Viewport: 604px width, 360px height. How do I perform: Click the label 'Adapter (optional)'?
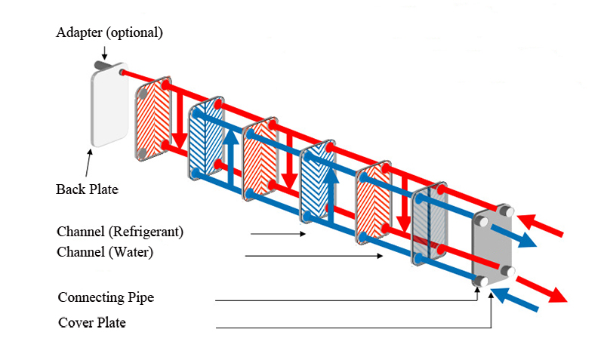click(x=109, y=33)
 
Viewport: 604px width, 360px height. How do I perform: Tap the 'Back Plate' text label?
click(x=87, y=189)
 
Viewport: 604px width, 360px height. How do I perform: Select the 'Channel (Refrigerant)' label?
click(x=120, y=230)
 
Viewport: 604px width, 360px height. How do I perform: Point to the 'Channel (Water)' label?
click(x=105, y=252)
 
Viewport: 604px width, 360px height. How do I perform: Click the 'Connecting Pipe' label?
click(x=106, y=297)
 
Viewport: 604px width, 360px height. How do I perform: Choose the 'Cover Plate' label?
click(x=92, y=323)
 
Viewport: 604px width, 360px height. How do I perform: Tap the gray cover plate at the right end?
click(x=492, y=245)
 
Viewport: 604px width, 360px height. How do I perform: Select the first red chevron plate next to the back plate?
click(x=155, y=119)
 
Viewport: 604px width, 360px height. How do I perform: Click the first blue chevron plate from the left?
click(x=206, y=139)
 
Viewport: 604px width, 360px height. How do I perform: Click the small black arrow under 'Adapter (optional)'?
click(x=105, y=53)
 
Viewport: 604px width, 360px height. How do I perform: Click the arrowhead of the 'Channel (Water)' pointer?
click(x=381, y=257)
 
